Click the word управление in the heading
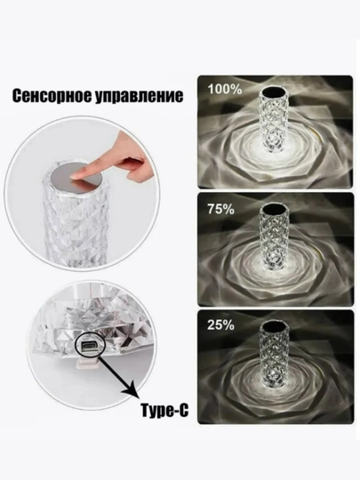pyautogui.click(x=139, y=96)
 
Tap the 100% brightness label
pyautogui.click(x=225, y=90)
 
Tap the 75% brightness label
pyautogui.click(x=221, y=209)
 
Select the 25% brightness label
pyautogui.click(x=221, y=325)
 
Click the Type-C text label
pyautogui.click(x=164, y=410)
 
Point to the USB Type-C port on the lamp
pyautogui.click(x=90, y=346)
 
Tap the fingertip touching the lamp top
pyautogui.click(x=75, y=176)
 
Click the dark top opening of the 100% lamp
pyautogui.click(x=273, y=92)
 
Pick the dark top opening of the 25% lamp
pyautogui.click(x=273, y=325)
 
